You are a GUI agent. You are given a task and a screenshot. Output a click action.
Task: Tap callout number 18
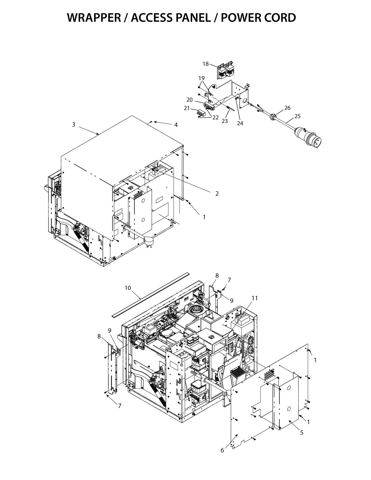[x=206, y=64]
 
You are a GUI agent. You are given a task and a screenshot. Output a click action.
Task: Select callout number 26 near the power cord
[x=287, y=108]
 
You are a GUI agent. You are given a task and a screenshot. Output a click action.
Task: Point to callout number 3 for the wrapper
[x=74, y=125]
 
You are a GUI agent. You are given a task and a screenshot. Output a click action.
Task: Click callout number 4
[x=176, y=125]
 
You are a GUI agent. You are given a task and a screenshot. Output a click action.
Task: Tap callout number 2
[x=217, y=193]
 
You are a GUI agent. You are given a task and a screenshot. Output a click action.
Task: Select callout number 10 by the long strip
[x=128, y=288]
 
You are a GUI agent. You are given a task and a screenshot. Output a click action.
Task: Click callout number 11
[x=254, y=298]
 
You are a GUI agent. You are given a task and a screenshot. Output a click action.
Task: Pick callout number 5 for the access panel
[x=302, y=432]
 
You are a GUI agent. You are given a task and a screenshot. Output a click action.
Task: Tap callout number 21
[x=187, y=108]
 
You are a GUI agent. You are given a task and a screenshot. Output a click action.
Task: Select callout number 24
[x=240, y=123]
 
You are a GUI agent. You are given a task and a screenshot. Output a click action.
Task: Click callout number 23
[x=225, y=121]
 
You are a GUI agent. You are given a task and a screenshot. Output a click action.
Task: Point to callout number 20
[x=190, y=100]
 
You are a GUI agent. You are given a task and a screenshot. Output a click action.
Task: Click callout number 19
[x=202, y=78]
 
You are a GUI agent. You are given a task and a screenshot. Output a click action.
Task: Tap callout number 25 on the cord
[x=297, y=116]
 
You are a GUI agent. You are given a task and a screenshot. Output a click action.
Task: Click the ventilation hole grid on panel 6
[x=269, y=374]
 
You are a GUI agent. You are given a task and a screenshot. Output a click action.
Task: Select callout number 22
[x=215, y=118]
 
